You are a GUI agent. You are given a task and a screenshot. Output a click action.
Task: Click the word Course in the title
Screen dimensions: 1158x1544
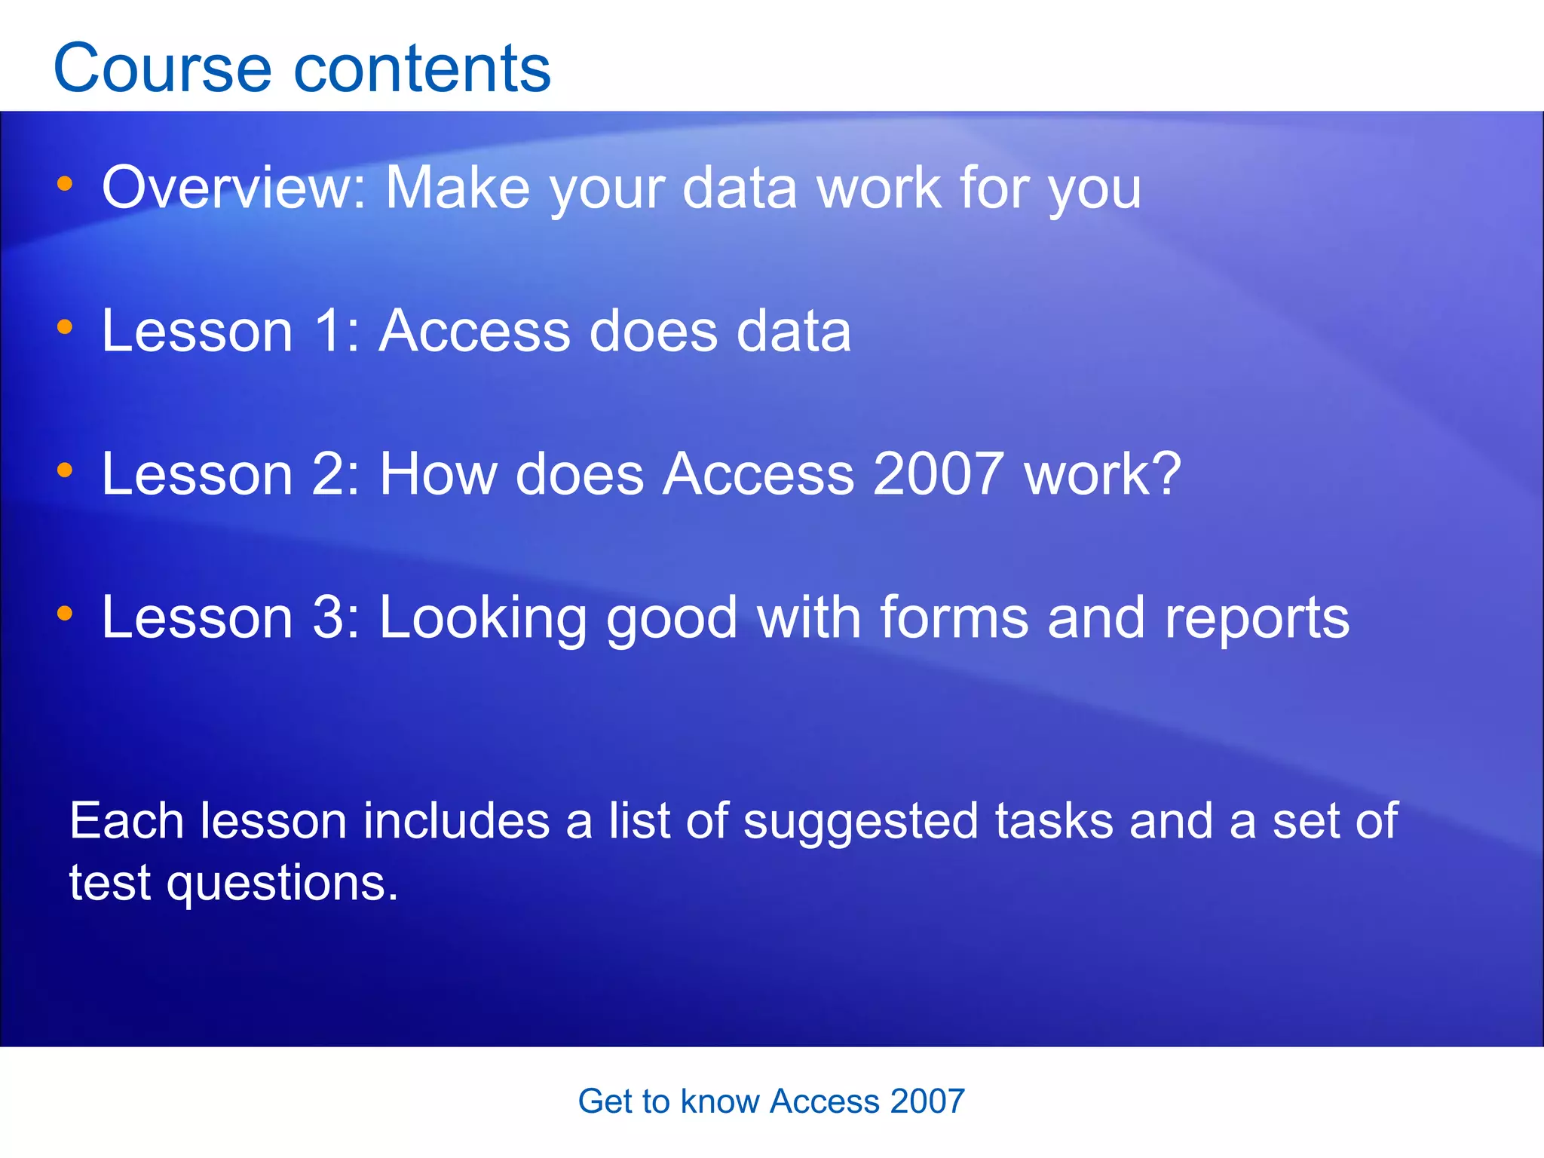pyautogui.click(x=162, y=69)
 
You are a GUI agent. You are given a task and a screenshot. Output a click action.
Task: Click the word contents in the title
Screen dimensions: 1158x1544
pyautogui.click(x=422, y=69)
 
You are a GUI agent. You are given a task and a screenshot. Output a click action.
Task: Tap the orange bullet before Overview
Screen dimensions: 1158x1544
pyautogui.click(x=65, y=183)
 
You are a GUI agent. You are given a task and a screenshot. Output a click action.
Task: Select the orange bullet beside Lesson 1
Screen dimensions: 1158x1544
pyautogui.click(x=65, y=326)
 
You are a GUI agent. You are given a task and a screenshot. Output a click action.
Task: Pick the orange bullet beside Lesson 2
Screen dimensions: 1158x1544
pyautogui.click(x=65, y=470)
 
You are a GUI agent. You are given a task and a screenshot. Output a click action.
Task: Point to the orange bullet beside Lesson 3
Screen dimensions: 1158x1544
pyautogui.click(x=65, y=614)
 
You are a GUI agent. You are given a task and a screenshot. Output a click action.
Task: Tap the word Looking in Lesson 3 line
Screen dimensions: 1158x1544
pyautogui.click(x=482, y=619)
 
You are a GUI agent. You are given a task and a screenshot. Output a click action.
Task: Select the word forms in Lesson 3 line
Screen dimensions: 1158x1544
pyautogui.click(x=954, y=617)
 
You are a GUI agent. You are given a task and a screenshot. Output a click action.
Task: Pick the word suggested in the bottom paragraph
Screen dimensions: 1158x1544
pyautogui.click(x=860, y=822)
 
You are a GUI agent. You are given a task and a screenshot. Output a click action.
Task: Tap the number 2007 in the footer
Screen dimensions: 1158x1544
pyautogui.click(x=927, y=1101)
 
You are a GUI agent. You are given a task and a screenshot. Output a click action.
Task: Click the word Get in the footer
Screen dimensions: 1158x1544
pyautogui.click(x=602, y=1101)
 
